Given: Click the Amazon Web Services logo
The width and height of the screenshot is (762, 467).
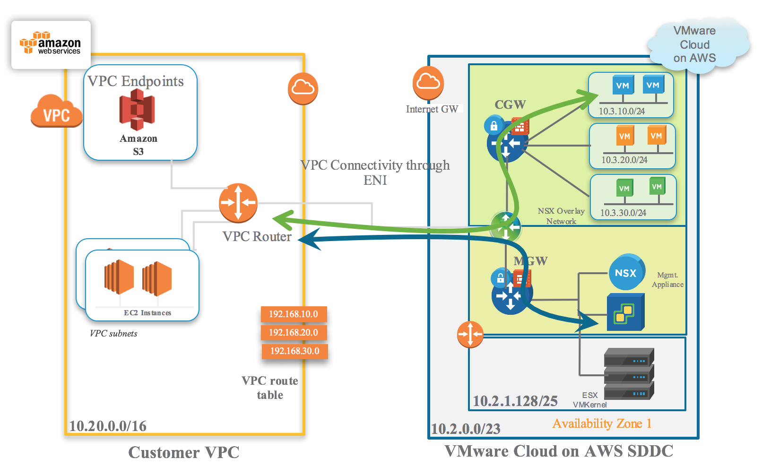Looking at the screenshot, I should [x=51, y=44].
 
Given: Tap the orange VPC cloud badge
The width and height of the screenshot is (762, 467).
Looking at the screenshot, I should [x=56, y=112].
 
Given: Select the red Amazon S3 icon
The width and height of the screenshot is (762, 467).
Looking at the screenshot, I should [x=137, y=109].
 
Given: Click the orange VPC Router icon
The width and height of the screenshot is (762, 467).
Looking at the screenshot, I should [x=238, y=203].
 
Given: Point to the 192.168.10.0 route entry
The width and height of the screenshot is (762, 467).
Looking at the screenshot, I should [x=294, y=314].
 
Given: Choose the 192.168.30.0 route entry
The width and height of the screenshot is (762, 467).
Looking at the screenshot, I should [x=295, y=351].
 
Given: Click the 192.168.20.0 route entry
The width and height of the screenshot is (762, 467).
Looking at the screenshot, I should [x=294, y=332].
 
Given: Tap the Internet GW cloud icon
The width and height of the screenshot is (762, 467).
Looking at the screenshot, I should [x=428, y=83].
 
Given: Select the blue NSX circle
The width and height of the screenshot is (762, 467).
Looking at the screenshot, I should [x=626, y=273].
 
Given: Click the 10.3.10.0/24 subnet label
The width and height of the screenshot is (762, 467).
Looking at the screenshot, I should [x=622, y=111].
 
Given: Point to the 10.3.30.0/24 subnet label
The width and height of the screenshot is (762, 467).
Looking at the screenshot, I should [x=623, y=213].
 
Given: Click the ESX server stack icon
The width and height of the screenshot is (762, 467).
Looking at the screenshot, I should [x=629, y=374].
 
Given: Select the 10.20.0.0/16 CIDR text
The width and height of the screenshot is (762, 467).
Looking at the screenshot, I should [x=108, y=426].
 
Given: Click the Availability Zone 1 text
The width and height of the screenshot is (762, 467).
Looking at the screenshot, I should [x=602, y=424].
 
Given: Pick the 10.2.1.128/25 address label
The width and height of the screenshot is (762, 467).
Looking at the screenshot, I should [x=515, y=401].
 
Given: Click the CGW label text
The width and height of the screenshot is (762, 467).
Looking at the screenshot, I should [x=510, y=104].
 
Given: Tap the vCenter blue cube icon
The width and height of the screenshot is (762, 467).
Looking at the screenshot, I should [x=625, y=312].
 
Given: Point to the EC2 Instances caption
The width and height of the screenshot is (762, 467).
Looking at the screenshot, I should [x=147, y=313].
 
